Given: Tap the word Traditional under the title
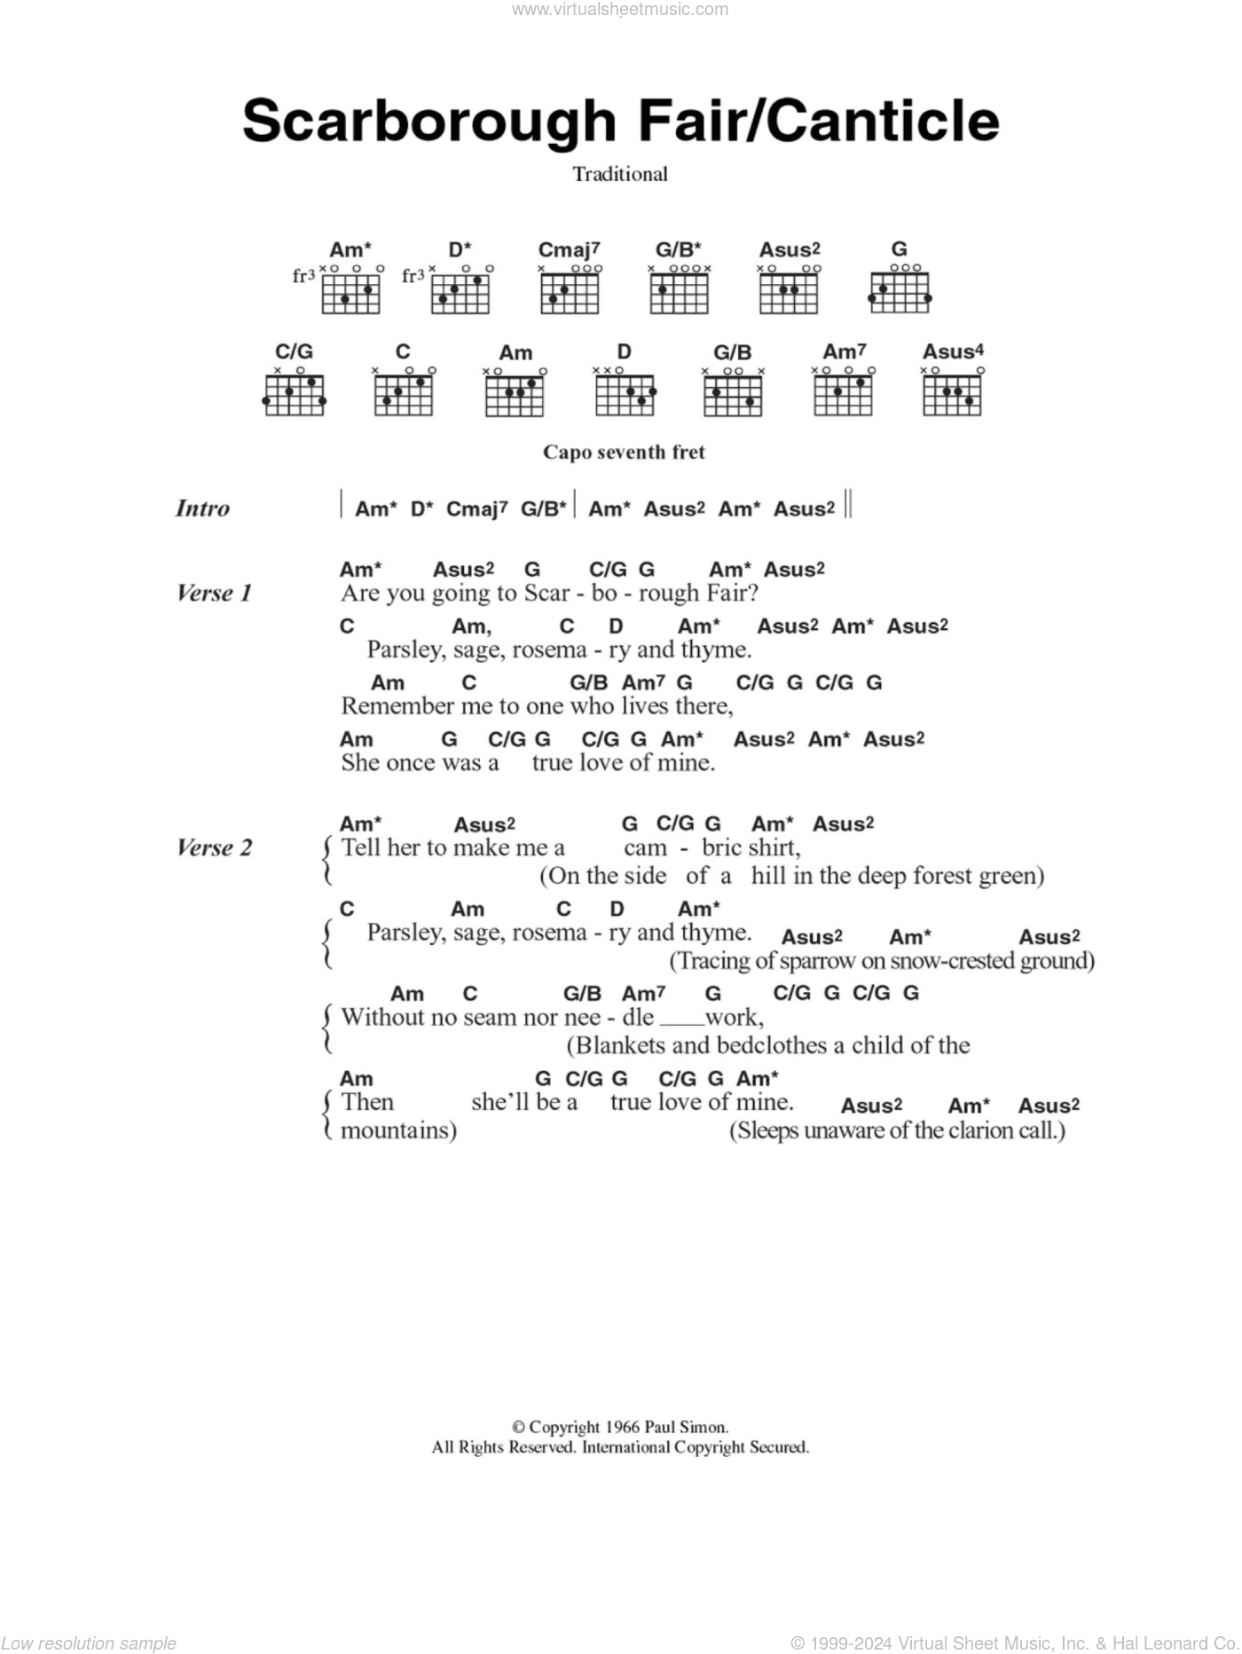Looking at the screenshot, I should [620, 174].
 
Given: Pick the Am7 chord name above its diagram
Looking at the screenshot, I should [845, 352].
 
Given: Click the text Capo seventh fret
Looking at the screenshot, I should [624, 452].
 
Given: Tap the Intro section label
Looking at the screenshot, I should [202, 508].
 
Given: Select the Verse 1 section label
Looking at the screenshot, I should [214, 593].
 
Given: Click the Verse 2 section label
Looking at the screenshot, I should [214, 847].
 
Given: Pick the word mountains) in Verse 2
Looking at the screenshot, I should [398, 1130].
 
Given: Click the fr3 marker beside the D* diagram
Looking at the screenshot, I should [413, 276].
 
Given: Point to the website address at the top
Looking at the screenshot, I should [620, 10].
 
